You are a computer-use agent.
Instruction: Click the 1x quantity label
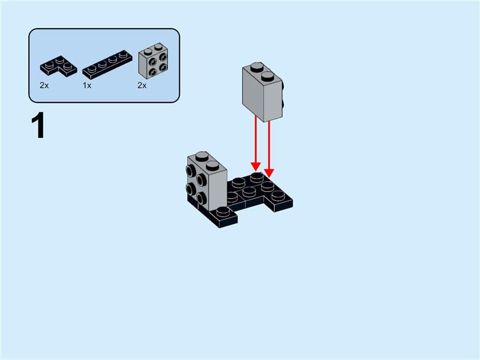coord(87,86)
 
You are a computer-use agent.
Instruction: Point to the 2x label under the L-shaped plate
coord(44,86)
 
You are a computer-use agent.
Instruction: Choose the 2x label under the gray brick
coord(142,86)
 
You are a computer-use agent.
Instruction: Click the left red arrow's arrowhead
coord(256,165)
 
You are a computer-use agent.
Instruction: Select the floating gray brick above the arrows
coord(262,90)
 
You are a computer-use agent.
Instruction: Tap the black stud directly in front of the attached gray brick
coord(223,211)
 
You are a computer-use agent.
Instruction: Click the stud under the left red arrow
coord(257,176)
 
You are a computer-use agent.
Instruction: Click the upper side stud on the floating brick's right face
coord(281,89)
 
